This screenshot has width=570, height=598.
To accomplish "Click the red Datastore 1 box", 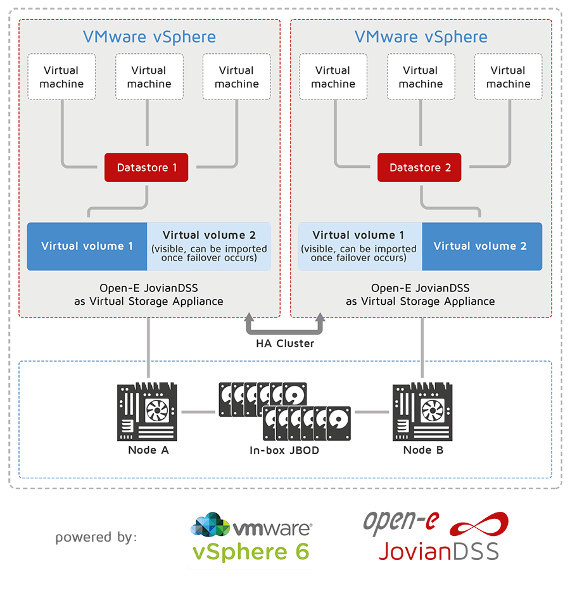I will click(x=146, y=168).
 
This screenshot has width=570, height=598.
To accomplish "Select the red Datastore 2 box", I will click(x=420, y=168).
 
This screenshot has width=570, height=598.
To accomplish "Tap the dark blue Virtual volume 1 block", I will click(x=87, y=246).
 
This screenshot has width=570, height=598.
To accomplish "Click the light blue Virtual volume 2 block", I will click(x=209, y=246).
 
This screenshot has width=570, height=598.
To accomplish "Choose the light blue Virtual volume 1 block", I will click(x=359, y=246).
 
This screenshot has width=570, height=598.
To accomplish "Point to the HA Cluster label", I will click(x=285, y=343).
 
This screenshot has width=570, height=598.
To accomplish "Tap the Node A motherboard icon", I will click(x=147, y=412).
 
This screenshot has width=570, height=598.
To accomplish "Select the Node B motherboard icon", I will click(x=422, y=412).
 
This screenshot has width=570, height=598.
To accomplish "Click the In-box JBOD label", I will click(x=284, y=451).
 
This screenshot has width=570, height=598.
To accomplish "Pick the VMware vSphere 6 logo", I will click(x=252, y=537).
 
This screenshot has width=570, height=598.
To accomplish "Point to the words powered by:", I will click(x=96, y=538).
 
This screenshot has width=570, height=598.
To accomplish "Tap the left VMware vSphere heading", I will click(x=149, y=37).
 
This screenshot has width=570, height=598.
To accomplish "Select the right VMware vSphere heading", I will click(x=421, y=37).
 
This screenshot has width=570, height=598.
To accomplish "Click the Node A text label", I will click(x=148, y=450).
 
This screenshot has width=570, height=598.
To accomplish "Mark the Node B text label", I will click(x=423, y=450).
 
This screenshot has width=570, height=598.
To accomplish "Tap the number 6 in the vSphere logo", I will click(x=300, y=551).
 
